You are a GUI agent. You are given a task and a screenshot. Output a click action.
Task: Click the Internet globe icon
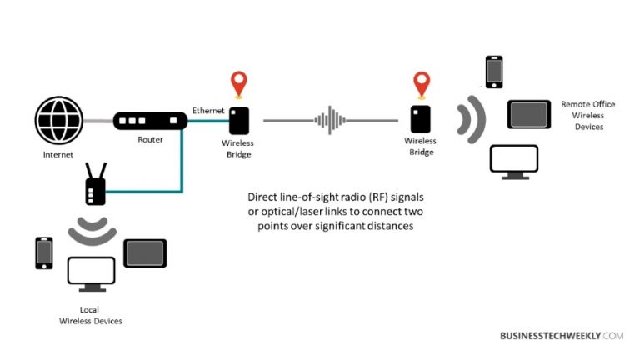point(59,121)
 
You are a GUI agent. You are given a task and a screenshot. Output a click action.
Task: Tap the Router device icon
point(149,122)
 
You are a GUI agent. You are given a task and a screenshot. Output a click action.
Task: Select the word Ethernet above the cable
point(207,111)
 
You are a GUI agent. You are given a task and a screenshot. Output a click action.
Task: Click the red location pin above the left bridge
point(239,85)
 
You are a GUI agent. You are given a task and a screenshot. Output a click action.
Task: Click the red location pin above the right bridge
point(422,85)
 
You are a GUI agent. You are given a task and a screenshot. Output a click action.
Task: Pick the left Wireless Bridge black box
point(240,121)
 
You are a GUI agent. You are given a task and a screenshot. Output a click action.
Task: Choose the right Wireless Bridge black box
point(420,118)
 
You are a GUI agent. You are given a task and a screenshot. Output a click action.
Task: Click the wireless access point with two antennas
point(95,186)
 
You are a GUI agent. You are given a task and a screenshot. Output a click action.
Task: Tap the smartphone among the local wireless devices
point(44,253)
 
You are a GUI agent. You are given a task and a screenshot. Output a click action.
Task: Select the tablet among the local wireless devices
point(145,252)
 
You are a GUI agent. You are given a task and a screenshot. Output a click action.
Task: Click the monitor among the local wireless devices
point(92,273)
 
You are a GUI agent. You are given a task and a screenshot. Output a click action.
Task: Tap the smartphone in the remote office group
point(494,72)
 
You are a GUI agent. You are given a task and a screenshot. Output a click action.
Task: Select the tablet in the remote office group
point(529,114)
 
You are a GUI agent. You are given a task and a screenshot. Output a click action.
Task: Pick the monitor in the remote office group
point(512,162)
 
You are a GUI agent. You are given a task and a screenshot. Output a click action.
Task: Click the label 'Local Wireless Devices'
point(92,315)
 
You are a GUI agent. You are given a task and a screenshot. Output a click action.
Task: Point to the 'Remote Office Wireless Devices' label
point(587,115)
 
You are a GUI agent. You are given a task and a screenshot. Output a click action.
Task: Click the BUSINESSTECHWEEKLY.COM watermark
point(562,335)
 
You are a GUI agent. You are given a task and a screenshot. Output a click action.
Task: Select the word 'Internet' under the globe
point(58,155)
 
